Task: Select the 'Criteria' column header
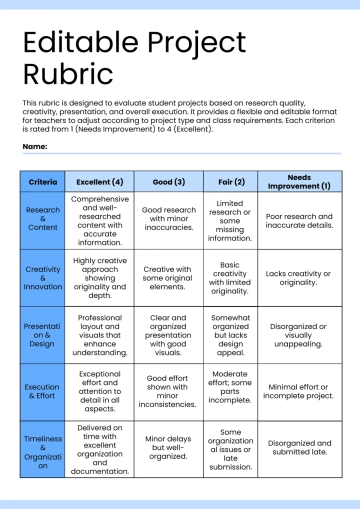click(x=43, y=182)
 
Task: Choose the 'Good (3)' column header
click(x=167, y=182)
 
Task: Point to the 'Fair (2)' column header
click(x=230, y=182)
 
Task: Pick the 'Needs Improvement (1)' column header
click(x=299, y=182)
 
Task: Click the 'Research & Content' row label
click(x=43, y=220)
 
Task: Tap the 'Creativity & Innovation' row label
click(x=43, y=277)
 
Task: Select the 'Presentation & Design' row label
click(x=43, y=334)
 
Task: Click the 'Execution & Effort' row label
click(x=43, y=391)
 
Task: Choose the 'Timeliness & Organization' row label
click(x=43, y=450)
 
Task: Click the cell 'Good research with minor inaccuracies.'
click(x=167, y=220)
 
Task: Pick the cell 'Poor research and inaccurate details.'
click(x=299, y=220)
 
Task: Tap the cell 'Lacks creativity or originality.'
click(x=299, y=277)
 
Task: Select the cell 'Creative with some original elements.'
click(x=167, y=277)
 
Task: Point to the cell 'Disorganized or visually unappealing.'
click(x=299, y=334)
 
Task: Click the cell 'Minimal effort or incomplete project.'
click(x=299, y=391)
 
